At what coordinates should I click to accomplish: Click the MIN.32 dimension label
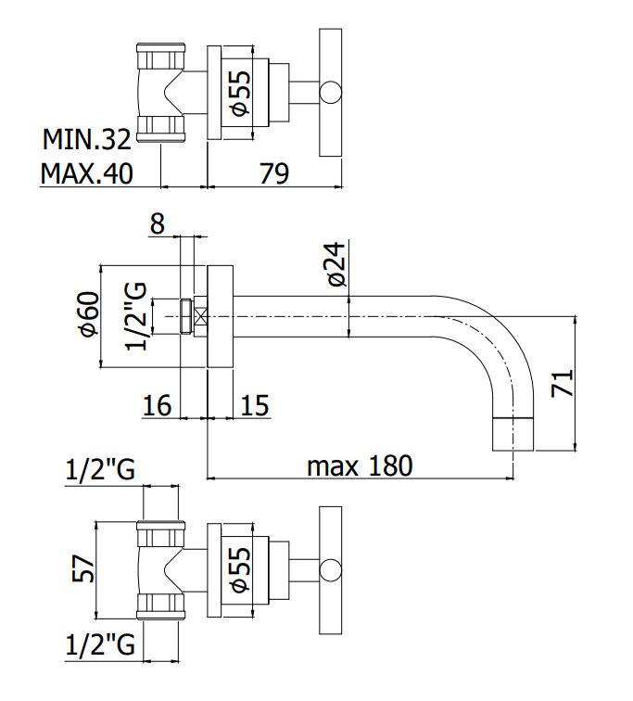(x=87, y=139)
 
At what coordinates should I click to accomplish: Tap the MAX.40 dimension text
(x=87, y=173)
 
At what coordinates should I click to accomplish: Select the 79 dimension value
(x=274, y=173)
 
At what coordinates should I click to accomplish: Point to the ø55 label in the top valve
(x=241, y=94)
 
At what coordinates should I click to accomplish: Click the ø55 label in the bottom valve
(x=241, y=571)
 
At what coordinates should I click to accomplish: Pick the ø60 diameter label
(x=88, y=313)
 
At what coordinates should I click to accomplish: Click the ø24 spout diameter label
(x=336, y=264)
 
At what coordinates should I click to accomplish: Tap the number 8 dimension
(x=158, y=223)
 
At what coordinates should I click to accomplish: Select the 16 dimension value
(x=157, y=406)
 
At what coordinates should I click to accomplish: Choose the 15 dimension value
(x=255, y=406)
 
